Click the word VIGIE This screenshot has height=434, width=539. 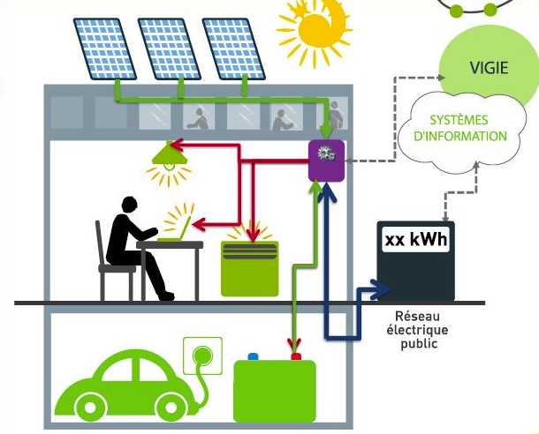click(x=490, y=68)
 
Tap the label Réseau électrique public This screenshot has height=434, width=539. click(x=420, y=328)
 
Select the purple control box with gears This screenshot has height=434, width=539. click(x=323, y=160)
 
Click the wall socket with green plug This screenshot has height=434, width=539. click(x=200, y=355)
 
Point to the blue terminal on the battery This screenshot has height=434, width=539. click(x=253, y=357)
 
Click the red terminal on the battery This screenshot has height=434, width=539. click(x=296, y=356)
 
